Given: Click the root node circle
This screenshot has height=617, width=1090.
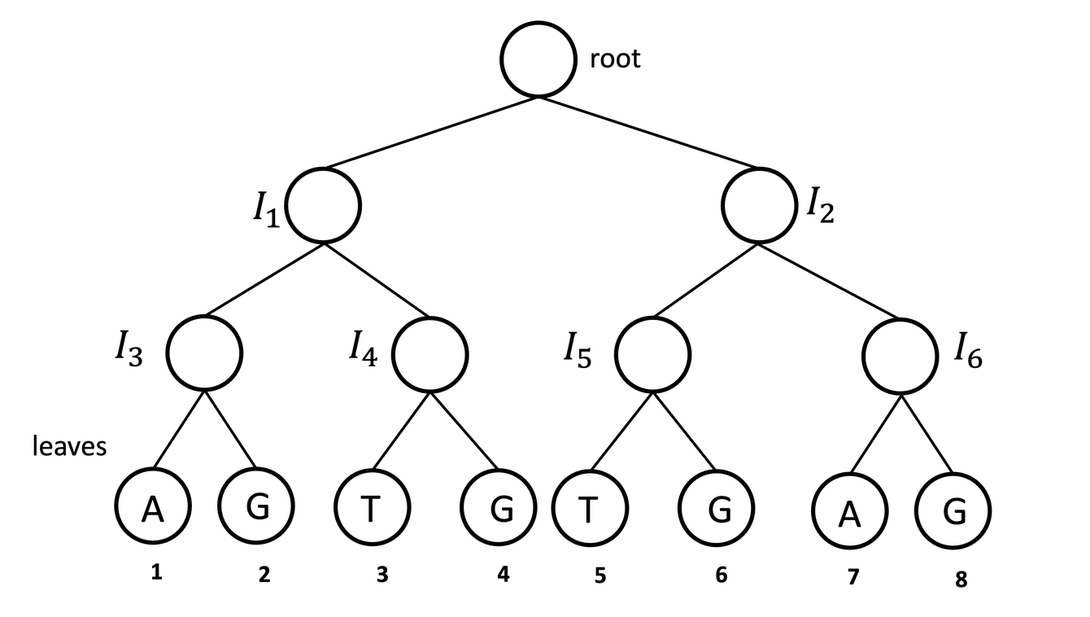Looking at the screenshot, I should [538, 60].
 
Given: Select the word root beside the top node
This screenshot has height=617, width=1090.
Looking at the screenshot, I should [615, 59].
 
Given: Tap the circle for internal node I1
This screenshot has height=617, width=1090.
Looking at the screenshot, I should [323, 205].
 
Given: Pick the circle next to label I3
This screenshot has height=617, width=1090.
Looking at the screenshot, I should [204, 352].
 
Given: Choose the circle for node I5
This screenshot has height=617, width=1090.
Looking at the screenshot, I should [652, 355].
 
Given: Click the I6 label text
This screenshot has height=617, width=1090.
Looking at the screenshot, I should [968, 353].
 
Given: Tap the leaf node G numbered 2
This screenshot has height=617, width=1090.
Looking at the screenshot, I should [256, 506].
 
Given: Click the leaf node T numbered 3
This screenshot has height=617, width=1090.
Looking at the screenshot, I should [372, 508].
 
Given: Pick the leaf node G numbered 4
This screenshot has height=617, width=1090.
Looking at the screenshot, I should [499, 508].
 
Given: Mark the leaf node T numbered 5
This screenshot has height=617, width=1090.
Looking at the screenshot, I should [590, 508].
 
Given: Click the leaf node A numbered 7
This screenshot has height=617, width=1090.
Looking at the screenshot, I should [849, 513].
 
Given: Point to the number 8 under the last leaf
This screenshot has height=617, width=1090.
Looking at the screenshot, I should [961, 581].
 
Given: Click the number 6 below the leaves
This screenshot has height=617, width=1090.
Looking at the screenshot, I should [721, 575].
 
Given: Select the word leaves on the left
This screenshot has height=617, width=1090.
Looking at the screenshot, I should [69, 446].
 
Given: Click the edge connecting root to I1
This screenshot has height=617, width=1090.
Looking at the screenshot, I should [431, 132].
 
